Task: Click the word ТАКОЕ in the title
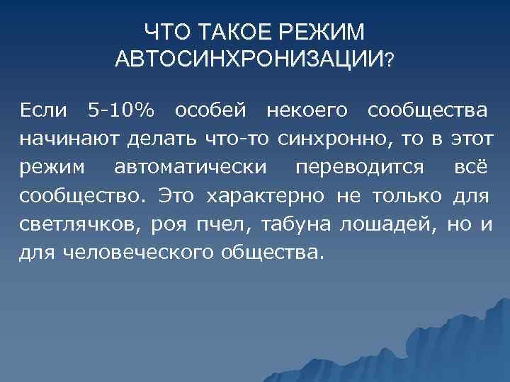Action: point(229,32)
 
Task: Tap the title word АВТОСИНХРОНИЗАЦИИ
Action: point(247,59)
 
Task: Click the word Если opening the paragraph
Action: point(43,110)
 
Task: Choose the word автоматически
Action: point(191,168)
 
